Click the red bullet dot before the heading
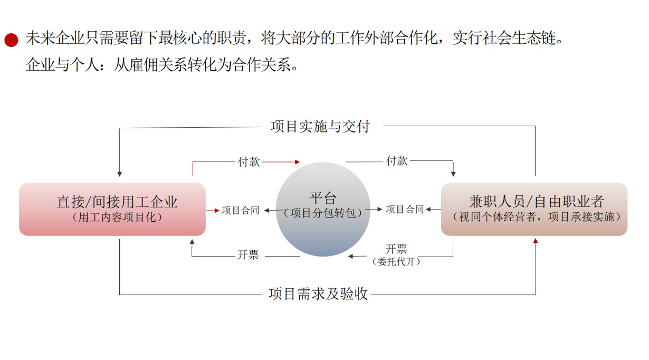[11, 40]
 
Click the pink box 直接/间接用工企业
[112, 209]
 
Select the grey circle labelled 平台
[323, 209]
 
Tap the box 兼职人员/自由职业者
[535, 209]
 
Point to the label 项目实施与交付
[320, 127]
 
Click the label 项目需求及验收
[318, 293]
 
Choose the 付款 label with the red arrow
[249, 162]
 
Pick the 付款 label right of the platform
[397, 160]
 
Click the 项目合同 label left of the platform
[241, 211]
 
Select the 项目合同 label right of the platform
[405, 209]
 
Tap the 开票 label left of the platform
[247, 255]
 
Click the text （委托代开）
[396, 262]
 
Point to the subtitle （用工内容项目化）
[117, 217]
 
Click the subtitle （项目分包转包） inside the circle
[323, 213]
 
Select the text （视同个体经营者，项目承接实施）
[537, 217]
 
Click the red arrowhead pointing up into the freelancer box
[536, 241]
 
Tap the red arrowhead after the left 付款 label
[297, 162]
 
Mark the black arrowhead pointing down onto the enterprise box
[119, 174]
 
